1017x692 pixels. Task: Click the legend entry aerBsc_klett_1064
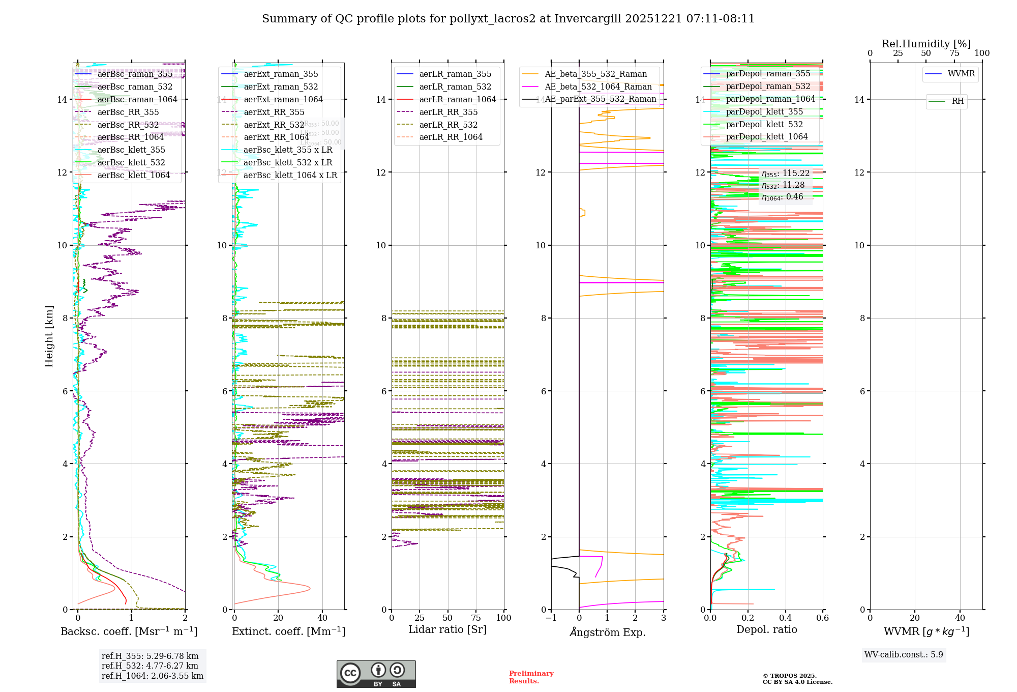pos(133,175)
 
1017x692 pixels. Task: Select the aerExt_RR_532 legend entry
pos(274,125)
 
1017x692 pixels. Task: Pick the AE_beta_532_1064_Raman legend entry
pos(598,86)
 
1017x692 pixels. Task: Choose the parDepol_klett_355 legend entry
pos(764,111)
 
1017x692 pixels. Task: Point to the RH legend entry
pos(958,101)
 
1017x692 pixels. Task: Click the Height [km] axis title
pos(49,336)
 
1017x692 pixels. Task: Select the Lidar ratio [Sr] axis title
pos(447,629)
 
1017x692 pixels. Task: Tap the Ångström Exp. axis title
pos(607,632)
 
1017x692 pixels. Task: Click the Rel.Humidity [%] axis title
pos(926,44)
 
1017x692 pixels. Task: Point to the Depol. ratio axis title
pos(766,629)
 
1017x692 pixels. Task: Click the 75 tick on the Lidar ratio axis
pos(476,618)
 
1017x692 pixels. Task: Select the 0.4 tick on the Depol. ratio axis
pos(785,618)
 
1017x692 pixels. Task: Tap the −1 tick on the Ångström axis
pos(551,618)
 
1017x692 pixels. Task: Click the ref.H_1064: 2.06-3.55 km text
pos(152,676)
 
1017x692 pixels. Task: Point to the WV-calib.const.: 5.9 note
pos(904,654)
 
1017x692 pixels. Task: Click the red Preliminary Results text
pos(531,677)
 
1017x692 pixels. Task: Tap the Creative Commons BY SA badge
pos(376,674)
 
